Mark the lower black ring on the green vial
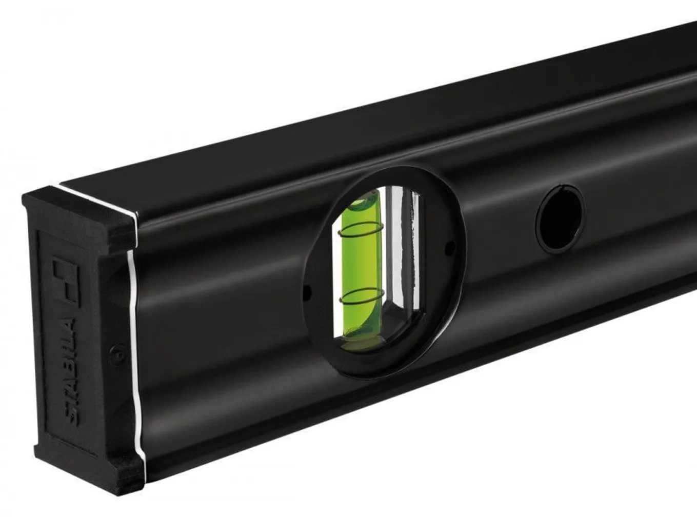[362, 296]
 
